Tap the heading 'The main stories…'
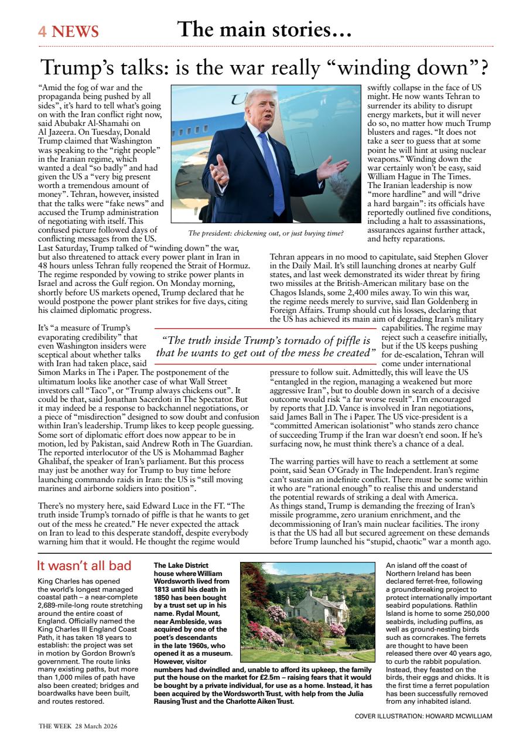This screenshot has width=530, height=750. (x=264, y=29)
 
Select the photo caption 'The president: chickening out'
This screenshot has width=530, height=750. (x=266, y=233)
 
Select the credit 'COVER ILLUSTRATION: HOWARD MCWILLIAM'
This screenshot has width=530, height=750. (x=423, y=716)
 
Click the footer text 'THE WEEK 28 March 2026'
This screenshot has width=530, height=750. (x=78, y=726)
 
